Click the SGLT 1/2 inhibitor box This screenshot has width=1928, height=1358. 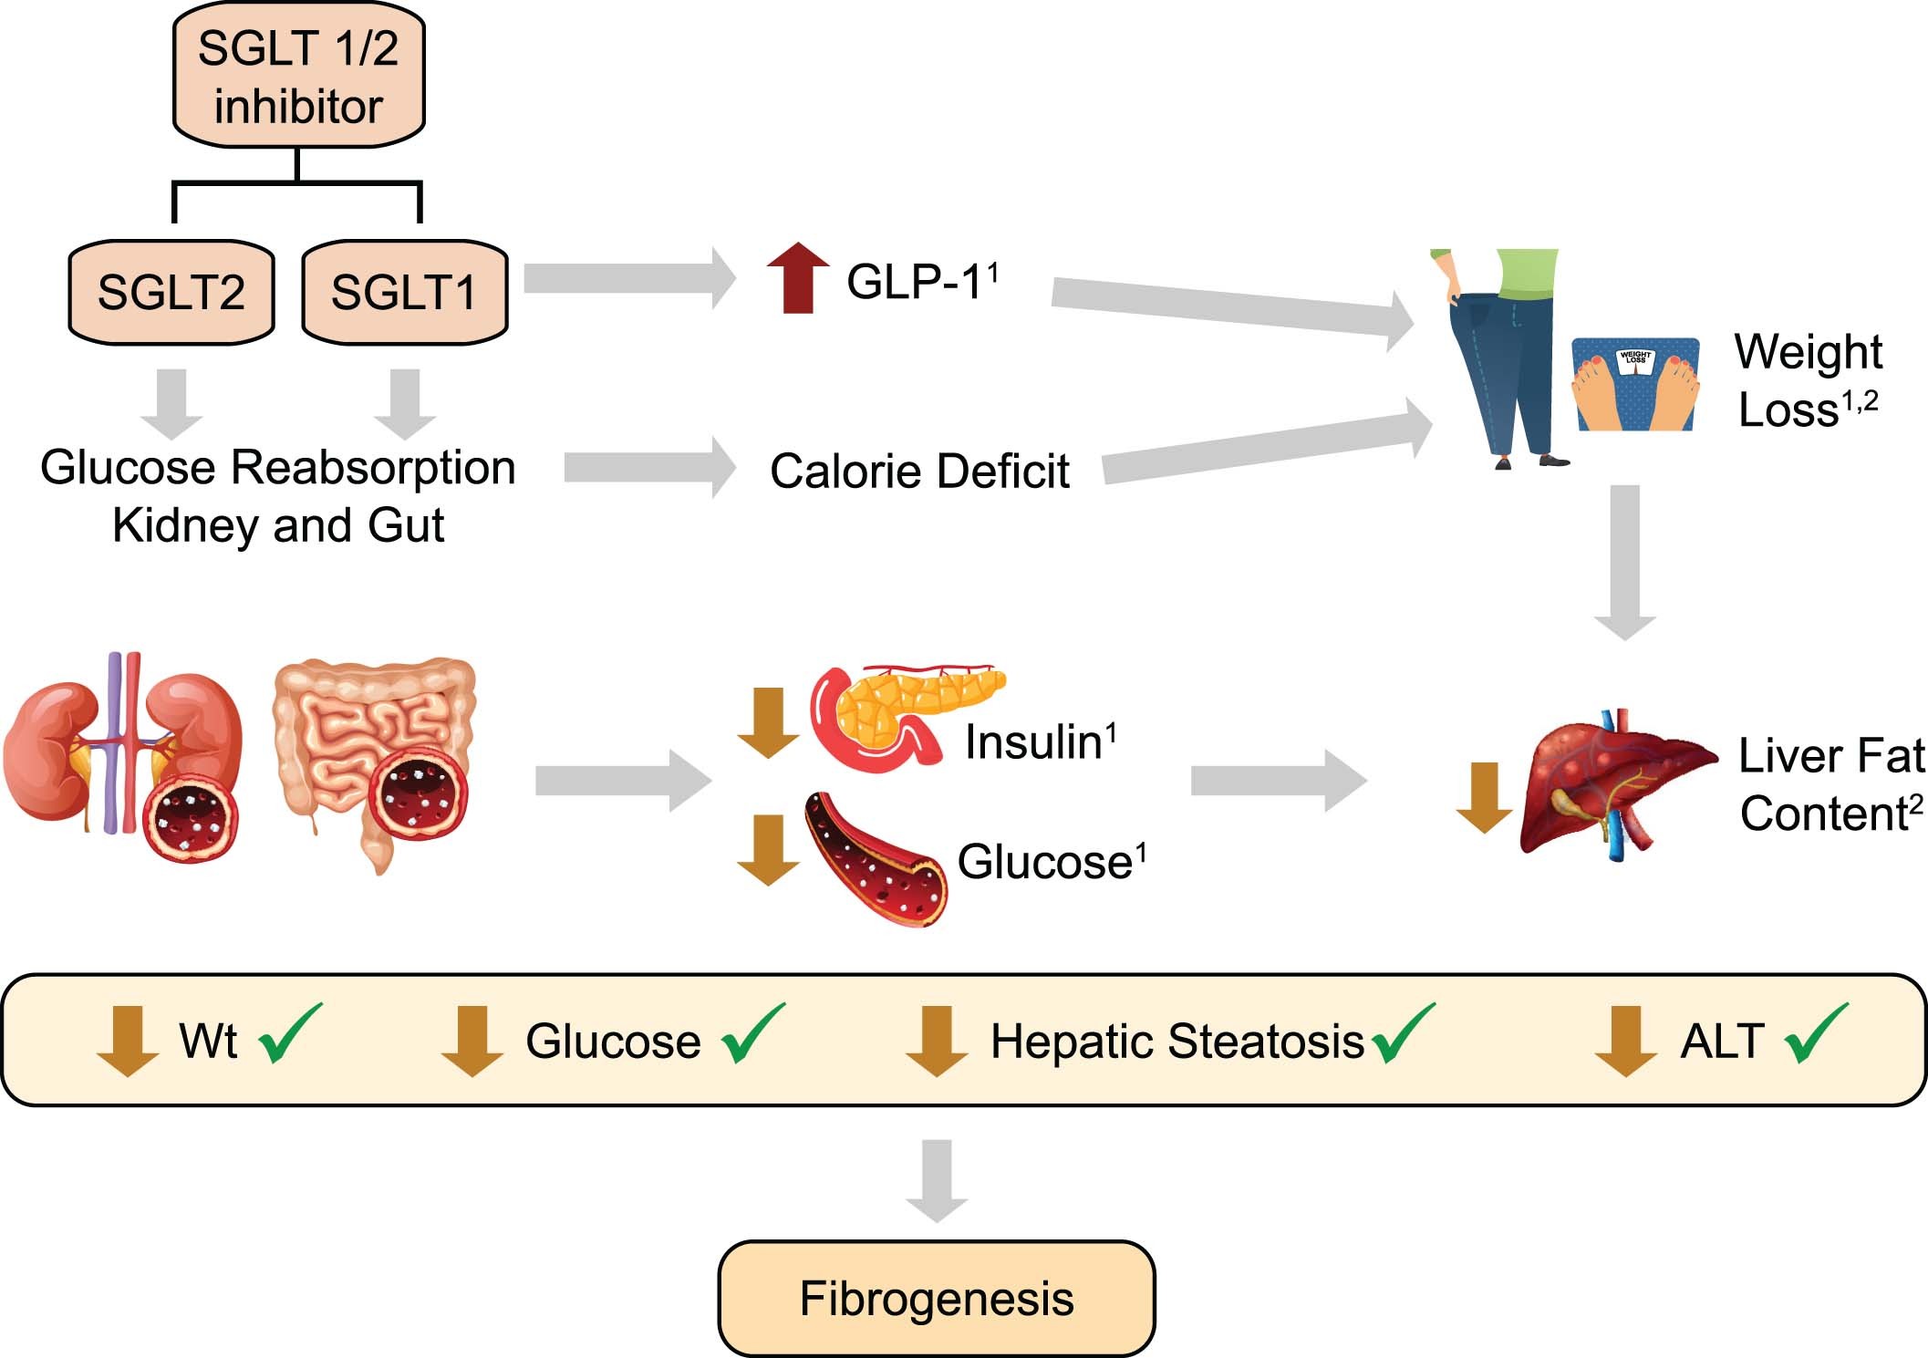click(x=298, y=77)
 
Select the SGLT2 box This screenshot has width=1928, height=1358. click(x=171, y=293)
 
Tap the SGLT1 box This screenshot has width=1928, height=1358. click(x=404, y=293)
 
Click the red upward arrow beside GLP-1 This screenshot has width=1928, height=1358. click(x=798, y=279)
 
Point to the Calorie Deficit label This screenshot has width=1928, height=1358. click(x=919, y=472)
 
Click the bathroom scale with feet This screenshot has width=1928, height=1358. click(x=1634, y=384)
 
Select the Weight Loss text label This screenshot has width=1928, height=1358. click(x=1808, y=380)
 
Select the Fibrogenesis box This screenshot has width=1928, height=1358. click(x=937, y=1299)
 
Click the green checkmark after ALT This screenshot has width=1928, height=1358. click(x=1817, y=1034)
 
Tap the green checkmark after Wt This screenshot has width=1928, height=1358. click(x=290, y=1034)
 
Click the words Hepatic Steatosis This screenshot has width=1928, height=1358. click(x=1176, y=1042)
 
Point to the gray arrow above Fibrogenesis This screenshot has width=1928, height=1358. click(x=937, y=1180)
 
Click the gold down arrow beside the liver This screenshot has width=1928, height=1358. click(x=1484, y=797)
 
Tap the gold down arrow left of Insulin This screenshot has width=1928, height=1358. click(x=768, y=723)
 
